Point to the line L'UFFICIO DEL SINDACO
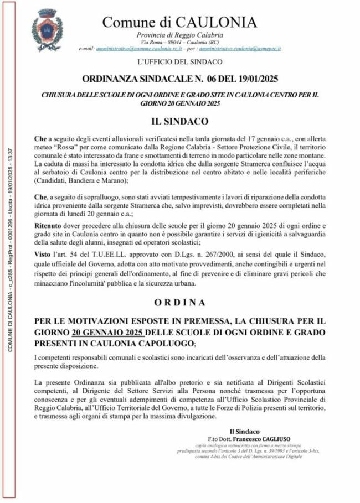[x=180, y=61]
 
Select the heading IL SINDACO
[x=180, y=120]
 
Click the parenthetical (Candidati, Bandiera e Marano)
[x=81, y=180]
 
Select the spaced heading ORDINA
[x=180, y=303]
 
